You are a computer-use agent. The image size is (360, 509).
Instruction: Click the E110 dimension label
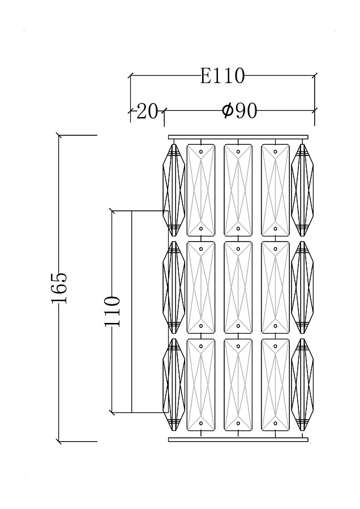pyautogui.click(x=222, y=76)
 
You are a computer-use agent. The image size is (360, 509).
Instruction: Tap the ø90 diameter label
pyautogui.click(x=239, y=111)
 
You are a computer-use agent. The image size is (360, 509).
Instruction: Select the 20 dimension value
pyautogui.click(x=147, y=111)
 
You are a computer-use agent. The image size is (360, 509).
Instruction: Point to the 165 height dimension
pyautogui.click(x=59, y=288)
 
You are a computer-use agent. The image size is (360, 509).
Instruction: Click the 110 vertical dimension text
pyautogui.click(x=112, y=311)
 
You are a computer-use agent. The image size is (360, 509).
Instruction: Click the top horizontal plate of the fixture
pyautogui.click(x=238, y=136)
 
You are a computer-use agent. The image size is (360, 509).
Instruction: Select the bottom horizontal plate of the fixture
pyautogui.click(x=238, y=439)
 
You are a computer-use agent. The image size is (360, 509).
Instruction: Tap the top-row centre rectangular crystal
pyautogui.click(x=238, y=190)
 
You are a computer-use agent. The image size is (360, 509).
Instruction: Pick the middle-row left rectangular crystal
pyautogui.click(x=201, y=287)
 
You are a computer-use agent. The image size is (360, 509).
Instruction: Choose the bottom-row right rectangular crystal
pyautogui.click(x=275, y=385)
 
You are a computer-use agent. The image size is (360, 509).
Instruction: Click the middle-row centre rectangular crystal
pyautogui.click(x=238, y=287)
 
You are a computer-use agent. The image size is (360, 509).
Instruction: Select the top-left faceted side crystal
pyautogui.click(x=174, y=189)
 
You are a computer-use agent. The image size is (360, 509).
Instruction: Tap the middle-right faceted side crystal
pyautogui.click(x=302, y=287)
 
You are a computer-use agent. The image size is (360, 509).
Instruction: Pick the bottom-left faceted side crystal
pyautogui.click(x=174, y=385)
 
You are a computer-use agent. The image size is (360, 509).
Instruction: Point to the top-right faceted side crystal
pyautogui.click(x=302, y=189)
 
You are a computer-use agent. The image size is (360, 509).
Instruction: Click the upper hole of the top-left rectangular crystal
pyautogui.click(x=201, y=152)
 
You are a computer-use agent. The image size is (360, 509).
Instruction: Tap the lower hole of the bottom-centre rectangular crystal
pyautogui.click(x=238, y=423)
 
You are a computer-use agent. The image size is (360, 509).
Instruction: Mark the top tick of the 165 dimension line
pyautogui.click(x=59, y=135)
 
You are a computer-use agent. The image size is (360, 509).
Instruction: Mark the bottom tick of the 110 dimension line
pyautogui.click(x=112, y=412)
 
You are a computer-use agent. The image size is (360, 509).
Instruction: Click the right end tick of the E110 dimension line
pyautogui.click(x=315, y=75)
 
